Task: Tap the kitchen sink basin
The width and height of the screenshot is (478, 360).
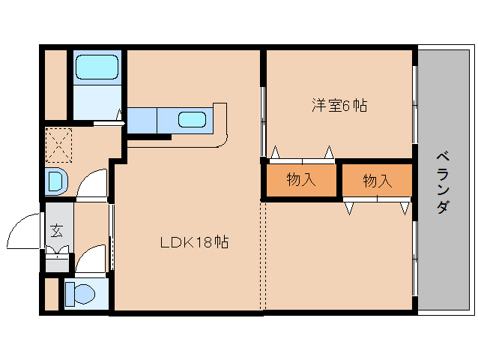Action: [x=192, y=118]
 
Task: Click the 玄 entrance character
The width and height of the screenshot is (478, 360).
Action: [x=57, y=229]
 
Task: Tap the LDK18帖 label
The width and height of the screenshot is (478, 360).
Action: [x=194, y=242]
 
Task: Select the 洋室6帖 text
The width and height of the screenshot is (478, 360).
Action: [x=339, y=105]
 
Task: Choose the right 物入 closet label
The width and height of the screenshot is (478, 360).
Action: [x=378, y=181]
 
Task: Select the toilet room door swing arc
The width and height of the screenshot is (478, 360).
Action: [x=91, y=258]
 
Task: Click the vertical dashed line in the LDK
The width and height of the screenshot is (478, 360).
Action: [x=263, y=255]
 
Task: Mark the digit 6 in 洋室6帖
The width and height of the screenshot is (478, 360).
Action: [x=346, y=106]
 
